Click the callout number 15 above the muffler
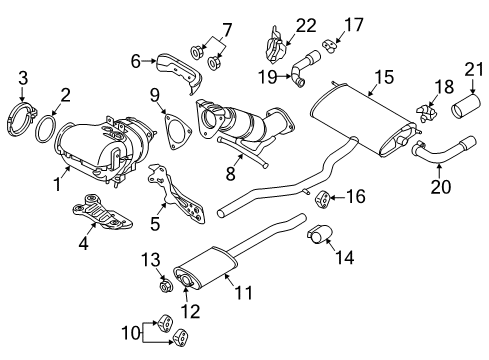coord(382,77)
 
